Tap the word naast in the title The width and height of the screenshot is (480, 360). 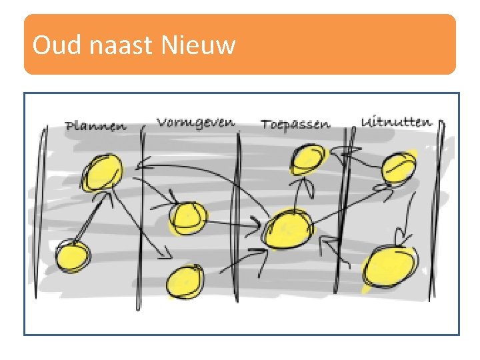pos(115,45)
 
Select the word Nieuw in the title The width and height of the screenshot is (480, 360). pos(198,45)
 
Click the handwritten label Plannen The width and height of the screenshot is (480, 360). pos(95,126)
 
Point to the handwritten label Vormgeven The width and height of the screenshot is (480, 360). pos(195,122)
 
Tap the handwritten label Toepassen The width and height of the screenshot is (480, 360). pos(295,125)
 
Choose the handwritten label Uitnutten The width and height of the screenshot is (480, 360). pos(396,122)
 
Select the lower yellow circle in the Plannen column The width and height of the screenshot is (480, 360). pos(72,257)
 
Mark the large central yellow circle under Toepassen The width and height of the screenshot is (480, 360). pos(288,229)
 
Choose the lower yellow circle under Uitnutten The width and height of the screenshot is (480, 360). pos(389,267)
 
